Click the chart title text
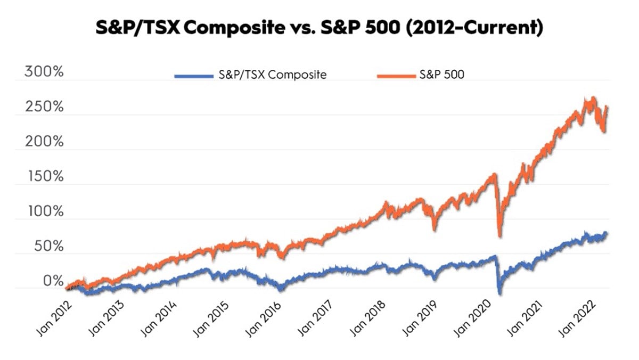319,28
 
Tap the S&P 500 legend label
442,75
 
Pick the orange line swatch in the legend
395,76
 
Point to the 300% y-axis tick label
44,72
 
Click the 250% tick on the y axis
44,107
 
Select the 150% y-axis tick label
44,177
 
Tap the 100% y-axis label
44,212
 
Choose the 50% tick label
47,247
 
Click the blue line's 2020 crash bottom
499,293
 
